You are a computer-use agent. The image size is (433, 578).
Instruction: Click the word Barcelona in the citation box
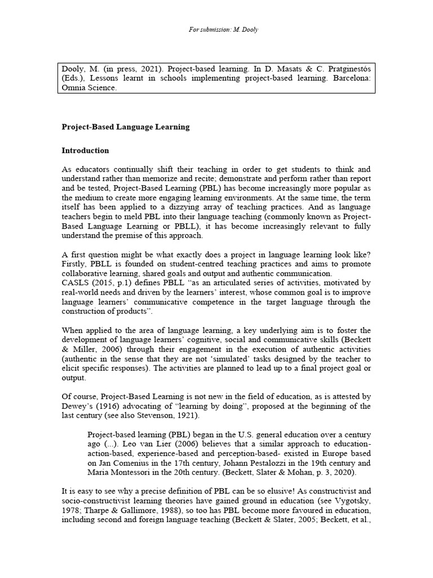coord(350,78)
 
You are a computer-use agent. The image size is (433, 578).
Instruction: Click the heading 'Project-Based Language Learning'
coord(125,127)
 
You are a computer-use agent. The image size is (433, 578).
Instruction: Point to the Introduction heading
coord(85,151)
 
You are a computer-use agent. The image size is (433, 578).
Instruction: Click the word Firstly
coord(73,263)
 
